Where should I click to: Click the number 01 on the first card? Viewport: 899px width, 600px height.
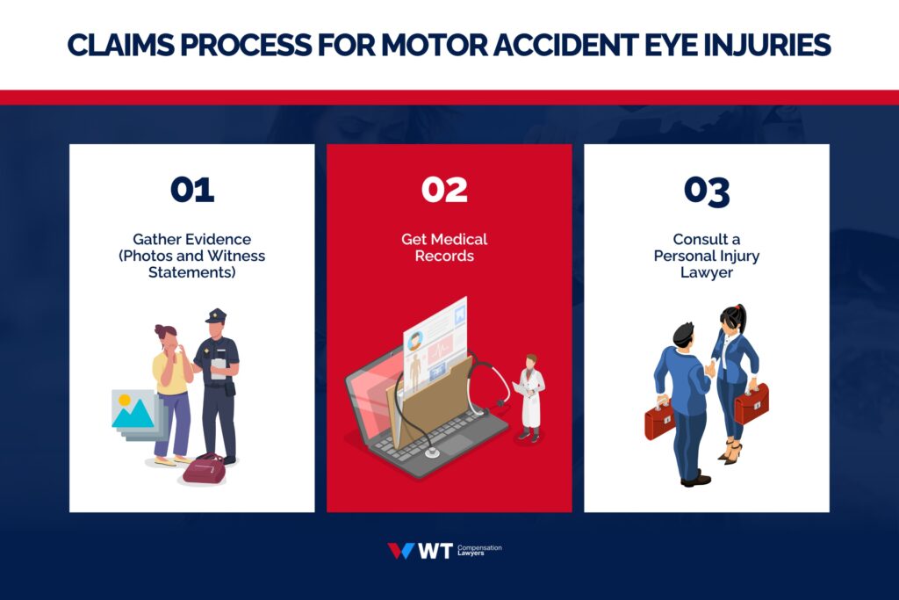click(191, 190)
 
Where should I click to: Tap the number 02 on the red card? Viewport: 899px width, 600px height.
click(444, 190)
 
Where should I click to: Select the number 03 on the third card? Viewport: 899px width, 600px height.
click(707, 191)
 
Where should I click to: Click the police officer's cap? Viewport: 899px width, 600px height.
click(215, 316)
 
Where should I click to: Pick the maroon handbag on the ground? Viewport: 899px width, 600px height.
click(204, 469)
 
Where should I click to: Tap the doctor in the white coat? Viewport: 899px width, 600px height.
click(529, 395)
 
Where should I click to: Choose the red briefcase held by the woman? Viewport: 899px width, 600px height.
click(752, 404)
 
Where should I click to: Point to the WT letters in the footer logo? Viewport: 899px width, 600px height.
click(435, 551)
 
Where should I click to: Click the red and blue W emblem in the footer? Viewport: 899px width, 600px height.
click(400, 551)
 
